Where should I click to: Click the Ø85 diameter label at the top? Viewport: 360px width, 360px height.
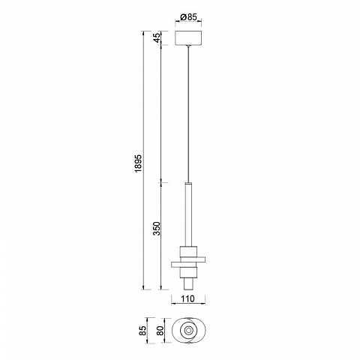click(x=188, y=17)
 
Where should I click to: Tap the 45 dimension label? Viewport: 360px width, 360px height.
click(x=157, y=37)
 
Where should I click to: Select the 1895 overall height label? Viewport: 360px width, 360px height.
click(x=138, y=163)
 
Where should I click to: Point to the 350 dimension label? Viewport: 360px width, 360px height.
click(x=157, y=228)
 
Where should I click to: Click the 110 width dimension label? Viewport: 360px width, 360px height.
click(x=187, y=298)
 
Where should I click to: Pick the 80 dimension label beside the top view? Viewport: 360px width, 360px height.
click(x=160, y=331)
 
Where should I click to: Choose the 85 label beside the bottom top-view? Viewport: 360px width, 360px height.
click(x=142, y=331)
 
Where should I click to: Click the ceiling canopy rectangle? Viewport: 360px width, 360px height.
click(x=188, y=37)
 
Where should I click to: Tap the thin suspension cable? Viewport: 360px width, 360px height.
click(x=188, y=114)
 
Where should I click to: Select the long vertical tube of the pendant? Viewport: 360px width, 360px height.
click(x=188, y=215)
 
